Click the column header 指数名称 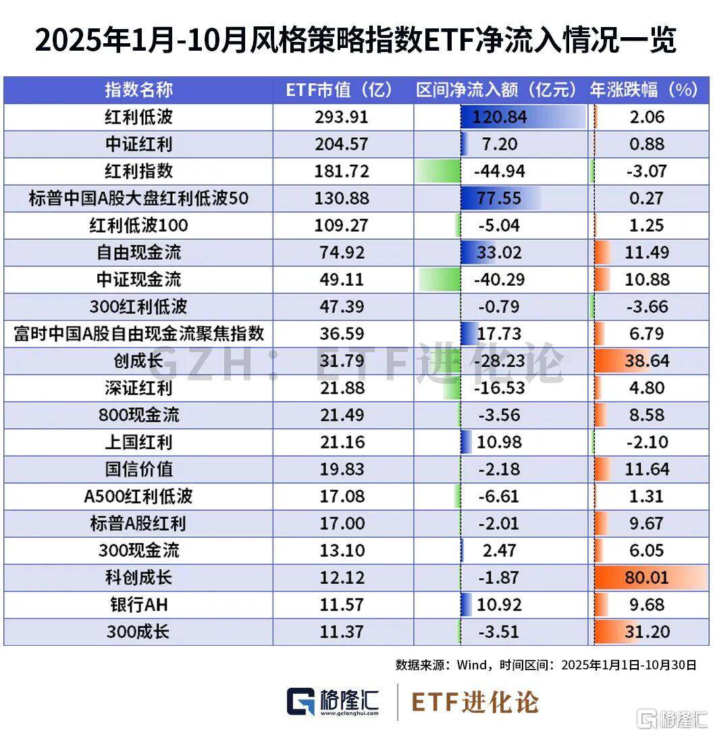coord(138,90)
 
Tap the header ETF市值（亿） coord(340,90)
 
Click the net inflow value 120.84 coord(500,118)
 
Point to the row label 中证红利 coord(138,145)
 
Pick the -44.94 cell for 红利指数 coord(500,172)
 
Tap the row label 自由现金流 coord(138,253)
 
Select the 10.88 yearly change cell coord(646,280)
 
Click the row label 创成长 coord(138,361)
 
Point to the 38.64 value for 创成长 coord(646,361)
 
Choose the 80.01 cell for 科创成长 coord(646,578)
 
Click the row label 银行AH coord(138,605)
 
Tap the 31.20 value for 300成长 coord(646,632)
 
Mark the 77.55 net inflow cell coord(500,199)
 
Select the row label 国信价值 coord(138,469)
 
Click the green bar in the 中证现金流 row coord(439,280)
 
